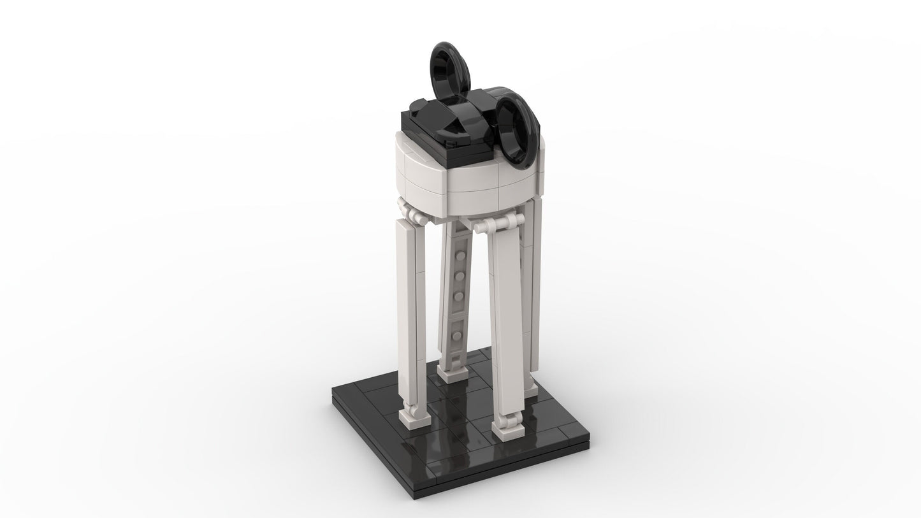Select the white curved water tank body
pos(446,178)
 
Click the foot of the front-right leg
pos(507,429)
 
